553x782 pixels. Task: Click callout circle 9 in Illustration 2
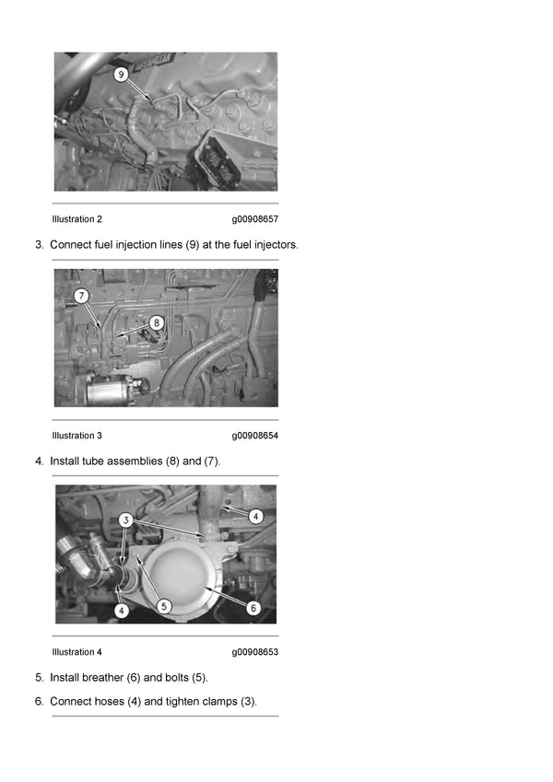(121, 75)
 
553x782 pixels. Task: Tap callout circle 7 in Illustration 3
(81, 296)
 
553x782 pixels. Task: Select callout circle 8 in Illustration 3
(156, 322)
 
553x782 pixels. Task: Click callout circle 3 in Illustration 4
(125, 520)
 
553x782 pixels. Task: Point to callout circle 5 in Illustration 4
(164, 606)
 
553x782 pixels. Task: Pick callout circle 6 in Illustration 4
(253, 608)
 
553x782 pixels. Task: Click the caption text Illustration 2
(76, 219)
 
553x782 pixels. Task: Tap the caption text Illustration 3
(76, 436)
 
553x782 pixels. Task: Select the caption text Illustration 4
(76, 652)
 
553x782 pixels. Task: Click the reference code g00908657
(255, 219)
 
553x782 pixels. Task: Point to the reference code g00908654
(255, 436)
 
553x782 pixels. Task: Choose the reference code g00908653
(255, 652)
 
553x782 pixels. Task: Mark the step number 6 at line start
(39, 702)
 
